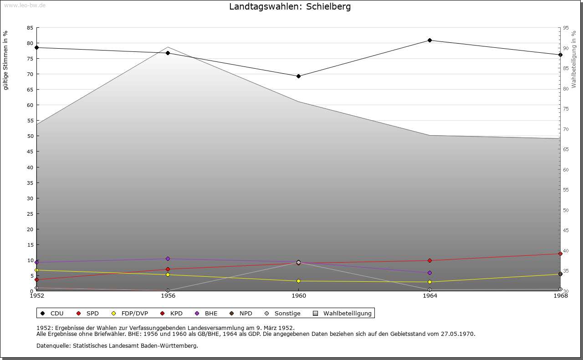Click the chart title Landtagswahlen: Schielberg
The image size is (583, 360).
[290, 7]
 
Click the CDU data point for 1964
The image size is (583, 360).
[430, 41]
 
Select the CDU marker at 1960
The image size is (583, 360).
[298, 76]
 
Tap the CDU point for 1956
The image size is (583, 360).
[168, 53]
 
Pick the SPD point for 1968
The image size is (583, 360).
[560, 254]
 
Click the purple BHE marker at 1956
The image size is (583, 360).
[168, 259]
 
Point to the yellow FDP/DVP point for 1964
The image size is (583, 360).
[430, 282]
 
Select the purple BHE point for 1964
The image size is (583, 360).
[430, 273]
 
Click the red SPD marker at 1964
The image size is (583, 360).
[430, 260]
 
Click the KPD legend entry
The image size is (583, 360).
[172, 313]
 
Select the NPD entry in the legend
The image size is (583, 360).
[241, 313]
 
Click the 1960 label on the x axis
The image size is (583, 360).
[298, 296]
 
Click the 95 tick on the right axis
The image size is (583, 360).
[566, 28]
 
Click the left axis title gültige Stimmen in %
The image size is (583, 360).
[6, 60]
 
